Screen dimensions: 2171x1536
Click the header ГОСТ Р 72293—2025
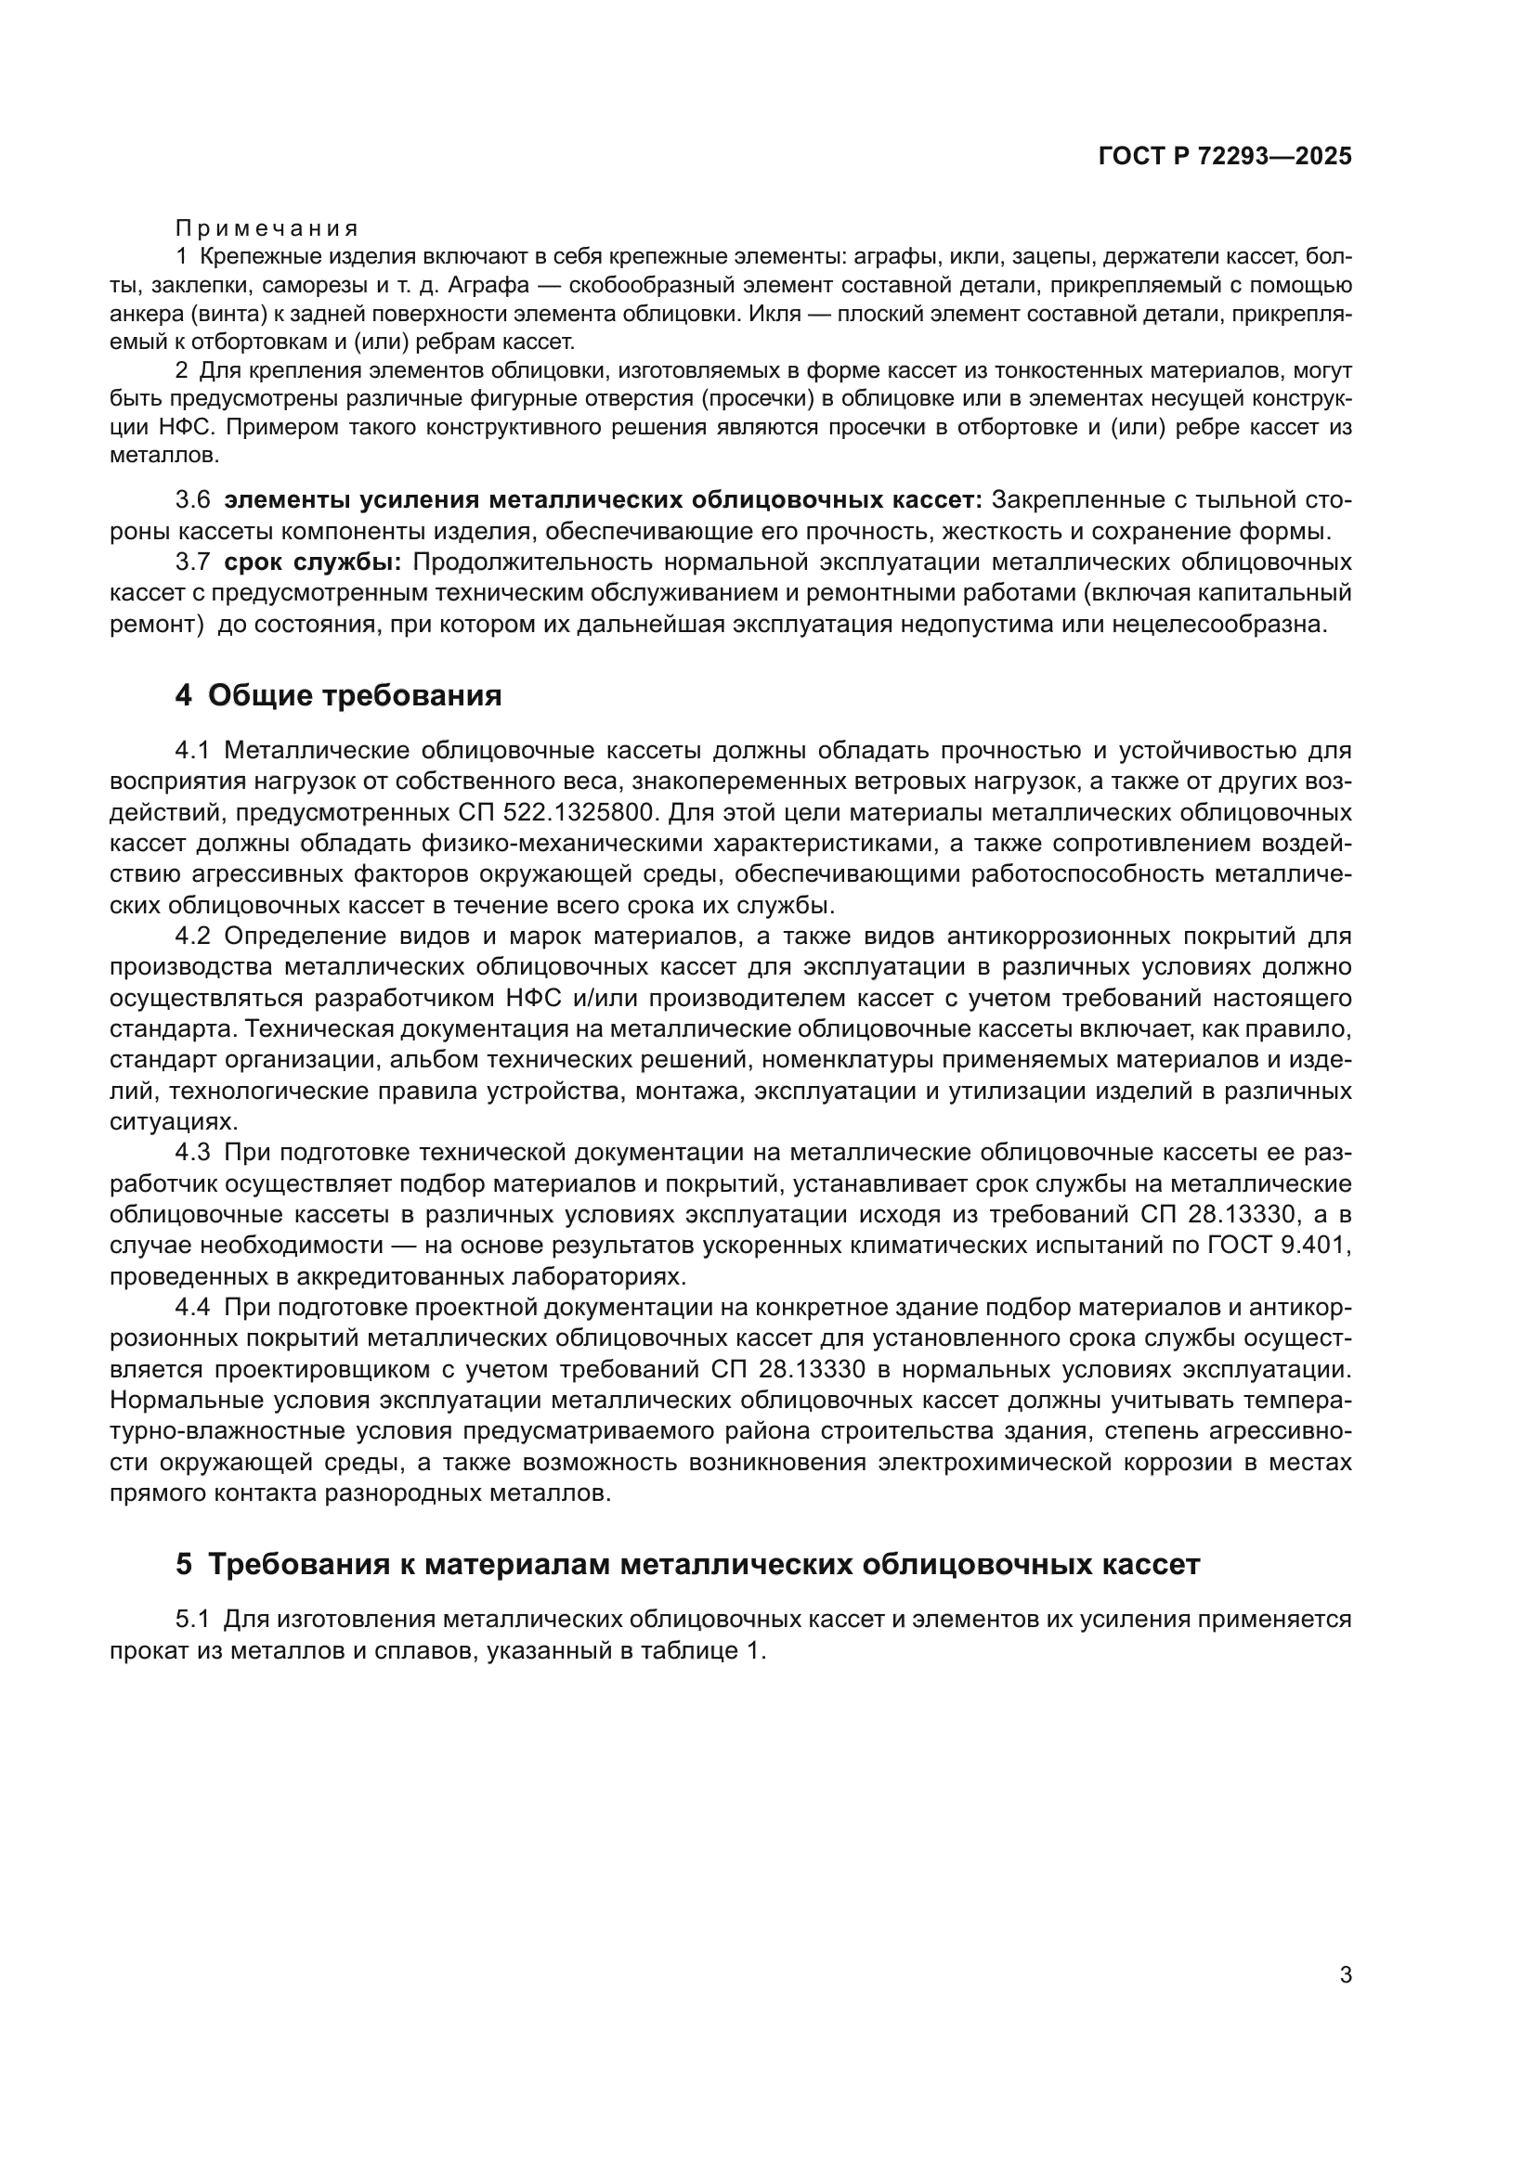coord(1225,157)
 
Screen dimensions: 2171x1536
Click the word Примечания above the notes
coord(267,229)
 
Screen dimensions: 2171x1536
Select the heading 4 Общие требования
coord(339,696)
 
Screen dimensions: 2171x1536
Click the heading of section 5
coord(687,1564)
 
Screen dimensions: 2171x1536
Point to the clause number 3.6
coord(193,499)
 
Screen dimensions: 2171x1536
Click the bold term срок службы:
coord(313,562)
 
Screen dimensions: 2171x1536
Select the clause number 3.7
coord(193,562)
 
